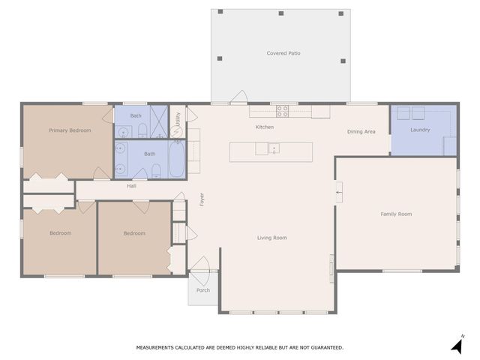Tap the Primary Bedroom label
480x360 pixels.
pos(70,130)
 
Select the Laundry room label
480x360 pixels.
pos(420,130)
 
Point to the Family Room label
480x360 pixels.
pos(396,214)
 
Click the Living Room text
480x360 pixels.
pos(272,238)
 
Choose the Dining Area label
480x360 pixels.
pos(361,132)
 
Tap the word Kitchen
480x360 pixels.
pos(265,127)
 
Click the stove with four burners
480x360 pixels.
pos(283,111)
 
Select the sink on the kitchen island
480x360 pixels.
pos(274,148)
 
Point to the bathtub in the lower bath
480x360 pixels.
pos(175,160)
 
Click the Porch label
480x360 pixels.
pos(203,290)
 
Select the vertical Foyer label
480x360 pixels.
pos(202,199)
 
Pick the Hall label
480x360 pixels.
pos(131,186)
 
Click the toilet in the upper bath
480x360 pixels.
pos(141,132)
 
